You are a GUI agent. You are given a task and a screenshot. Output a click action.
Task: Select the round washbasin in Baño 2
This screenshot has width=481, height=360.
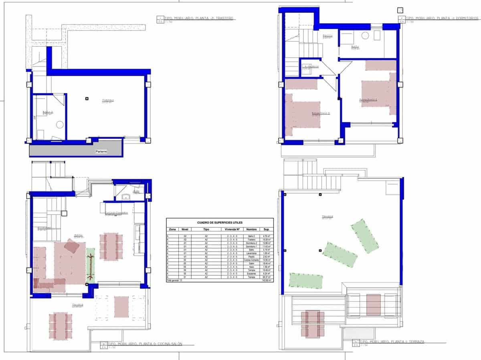60,125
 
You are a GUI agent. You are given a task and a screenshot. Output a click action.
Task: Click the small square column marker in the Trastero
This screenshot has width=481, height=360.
87,98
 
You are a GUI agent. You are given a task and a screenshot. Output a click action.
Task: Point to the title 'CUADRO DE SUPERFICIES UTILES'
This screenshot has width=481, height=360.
220,222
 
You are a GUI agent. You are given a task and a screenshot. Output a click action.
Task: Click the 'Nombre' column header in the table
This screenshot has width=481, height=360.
251,229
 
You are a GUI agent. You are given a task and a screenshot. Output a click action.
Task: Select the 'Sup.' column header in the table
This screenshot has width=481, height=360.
266,229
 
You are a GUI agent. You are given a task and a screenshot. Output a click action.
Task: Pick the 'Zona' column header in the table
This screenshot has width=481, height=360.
172,229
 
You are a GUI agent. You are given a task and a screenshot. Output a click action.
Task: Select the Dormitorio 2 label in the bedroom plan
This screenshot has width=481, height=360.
321,113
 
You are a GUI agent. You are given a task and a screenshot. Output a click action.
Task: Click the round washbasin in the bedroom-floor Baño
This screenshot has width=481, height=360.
365,36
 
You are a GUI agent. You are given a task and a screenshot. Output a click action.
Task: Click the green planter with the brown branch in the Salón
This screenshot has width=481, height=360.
91,265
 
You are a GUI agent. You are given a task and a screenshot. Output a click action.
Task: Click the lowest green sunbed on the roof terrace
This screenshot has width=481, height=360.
305,281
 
